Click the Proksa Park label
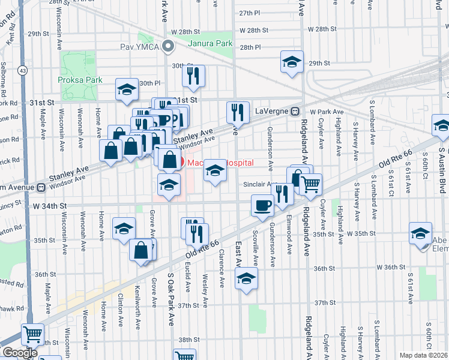click(x=80, y=80)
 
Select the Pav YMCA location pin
click(x=169, y=45)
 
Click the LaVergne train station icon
click(x=295, y=112)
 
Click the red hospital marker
click(x=170, y=161)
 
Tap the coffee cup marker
click(x=263, y=205)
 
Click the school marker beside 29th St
click(x=292, y=62)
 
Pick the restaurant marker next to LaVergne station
click(x=238, y=112)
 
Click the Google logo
click(x=19, y=353)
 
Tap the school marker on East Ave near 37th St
click(x=246, y=278)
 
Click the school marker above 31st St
click(x=127, y=89)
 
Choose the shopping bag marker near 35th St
click(x=141, y=250)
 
